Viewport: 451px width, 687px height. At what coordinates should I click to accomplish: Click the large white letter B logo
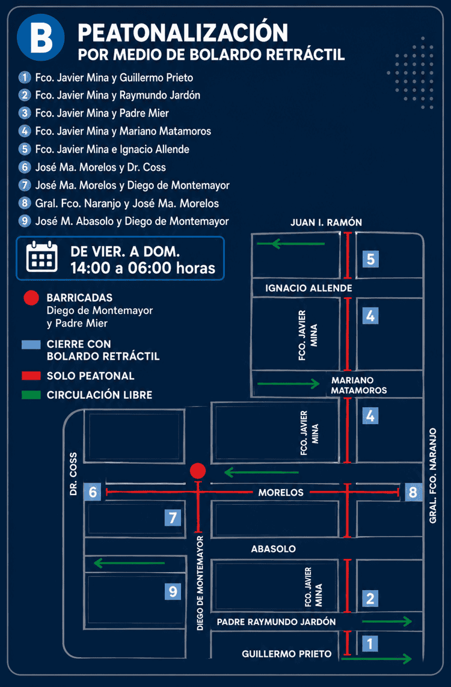[41, 37]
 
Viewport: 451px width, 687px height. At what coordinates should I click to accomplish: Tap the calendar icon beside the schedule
[42, 257]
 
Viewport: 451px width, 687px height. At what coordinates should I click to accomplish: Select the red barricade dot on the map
[198, 470]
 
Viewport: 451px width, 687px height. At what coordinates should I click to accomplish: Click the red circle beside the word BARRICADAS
[31, 298]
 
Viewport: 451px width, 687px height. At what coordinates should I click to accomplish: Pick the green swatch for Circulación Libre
[31, 395]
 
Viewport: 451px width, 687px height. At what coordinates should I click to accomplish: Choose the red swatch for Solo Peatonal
[31, 376]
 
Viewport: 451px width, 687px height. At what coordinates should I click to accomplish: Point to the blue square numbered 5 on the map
[370, 259]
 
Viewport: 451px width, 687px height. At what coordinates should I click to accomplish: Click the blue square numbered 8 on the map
[413, 492]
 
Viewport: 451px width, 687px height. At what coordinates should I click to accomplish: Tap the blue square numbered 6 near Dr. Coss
[93, 492]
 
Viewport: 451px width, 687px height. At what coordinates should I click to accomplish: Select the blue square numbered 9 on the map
[173, 591]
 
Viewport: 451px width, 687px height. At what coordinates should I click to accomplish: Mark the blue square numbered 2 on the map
[370, 598]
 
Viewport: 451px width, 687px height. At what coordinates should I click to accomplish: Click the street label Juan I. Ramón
[326, 223]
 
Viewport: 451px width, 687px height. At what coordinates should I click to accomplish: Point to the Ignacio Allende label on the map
[308, 288]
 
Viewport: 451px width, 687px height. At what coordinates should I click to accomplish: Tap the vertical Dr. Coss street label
[73, 474]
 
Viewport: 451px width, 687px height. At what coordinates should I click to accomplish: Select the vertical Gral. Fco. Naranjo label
[432, 475]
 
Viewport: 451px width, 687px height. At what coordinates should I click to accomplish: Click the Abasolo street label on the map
[273, 549]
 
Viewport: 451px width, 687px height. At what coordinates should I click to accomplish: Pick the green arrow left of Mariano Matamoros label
[289, 384]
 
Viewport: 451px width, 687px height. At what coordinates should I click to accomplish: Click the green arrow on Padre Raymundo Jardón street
[387, 621]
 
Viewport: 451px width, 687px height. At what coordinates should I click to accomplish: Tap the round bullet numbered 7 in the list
[25, 185]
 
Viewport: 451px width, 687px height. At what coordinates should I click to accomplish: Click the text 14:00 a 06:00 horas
[143, 268]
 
